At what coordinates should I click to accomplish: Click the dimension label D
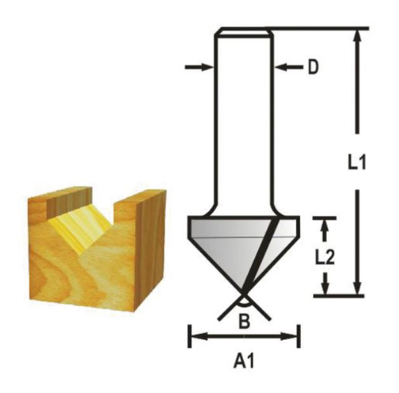coord(313,68)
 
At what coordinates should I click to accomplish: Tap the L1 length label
coord(357,162)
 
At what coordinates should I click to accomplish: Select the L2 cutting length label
coord(325,257)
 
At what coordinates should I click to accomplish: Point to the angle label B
coord(244,322)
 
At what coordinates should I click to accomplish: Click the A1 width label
coord(244,362)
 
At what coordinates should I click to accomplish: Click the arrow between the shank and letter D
coord(289,68)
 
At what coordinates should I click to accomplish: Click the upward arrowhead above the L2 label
coord(325,226)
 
